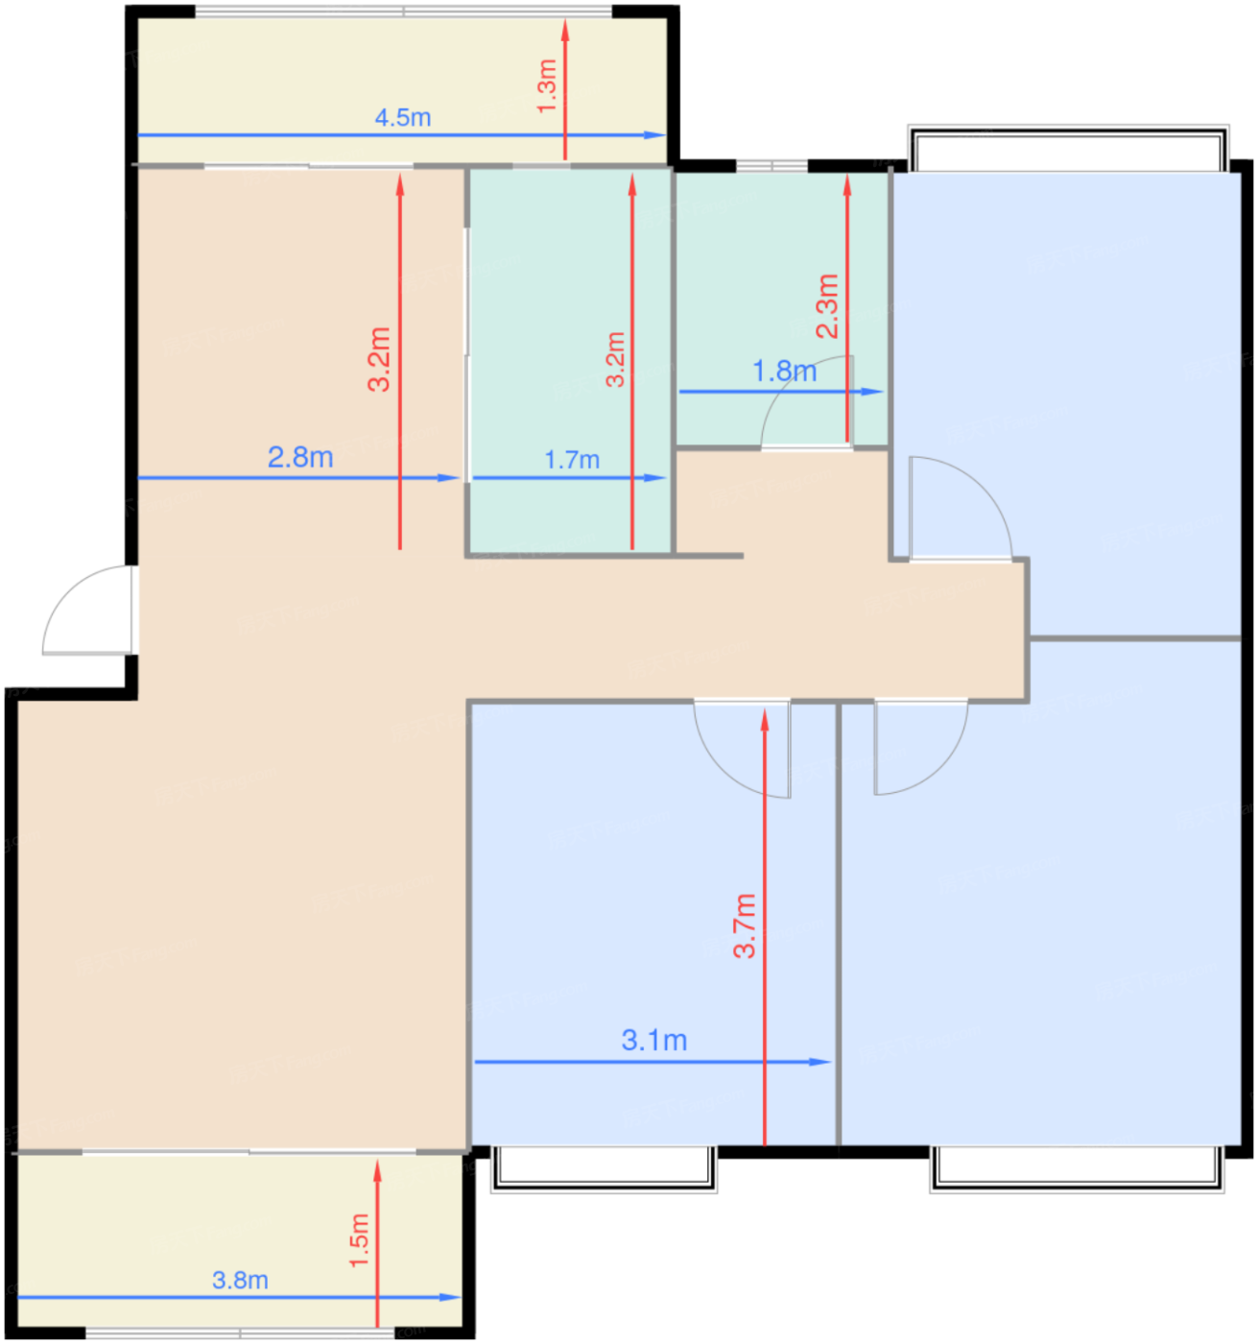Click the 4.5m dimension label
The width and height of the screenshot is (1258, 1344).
402,118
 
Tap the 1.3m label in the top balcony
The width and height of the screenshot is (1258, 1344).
547,86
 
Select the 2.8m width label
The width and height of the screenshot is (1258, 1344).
300,458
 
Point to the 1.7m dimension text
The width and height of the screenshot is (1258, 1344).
572,461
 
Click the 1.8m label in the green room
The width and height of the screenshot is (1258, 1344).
784,372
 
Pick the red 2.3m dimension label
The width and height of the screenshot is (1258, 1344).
827,306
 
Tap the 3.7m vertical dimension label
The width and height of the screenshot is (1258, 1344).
745,925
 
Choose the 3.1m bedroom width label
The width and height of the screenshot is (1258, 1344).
654,1041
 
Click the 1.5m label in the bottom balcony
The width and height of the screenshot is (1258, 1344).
359,1240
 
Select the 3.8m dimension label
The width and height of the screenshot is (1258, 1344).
240,1281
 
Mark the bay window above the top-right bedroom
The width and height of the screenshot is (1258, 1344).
1068,149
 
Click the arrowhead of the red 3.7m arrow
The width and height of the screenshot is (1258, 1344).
765,719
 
